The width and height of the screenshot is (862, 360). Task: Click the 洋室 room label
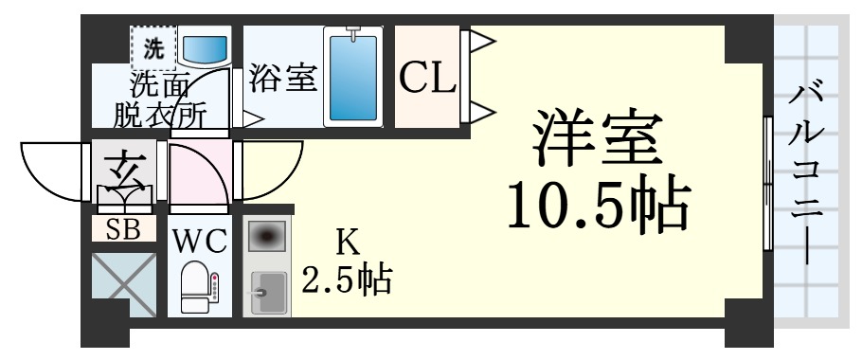[x=594, y=139]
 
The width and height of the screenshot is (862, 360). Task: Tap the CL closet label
[x=426, y=79]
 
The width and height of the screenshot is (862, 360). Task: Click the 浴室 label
[x=282, y=78]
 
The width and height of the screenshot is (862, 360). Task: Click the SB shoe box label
[x=124, y=228]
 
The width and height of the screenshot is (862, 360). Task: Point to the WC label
[x=199, y=241]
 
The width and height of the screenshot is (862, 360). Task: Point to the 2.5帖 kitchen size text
[x=348, y=279]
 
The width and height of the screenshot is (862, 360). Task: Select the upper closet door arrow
[x=480, y=41]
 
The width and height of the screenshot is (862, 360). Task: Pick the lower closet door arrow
[x=480, y=112]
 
